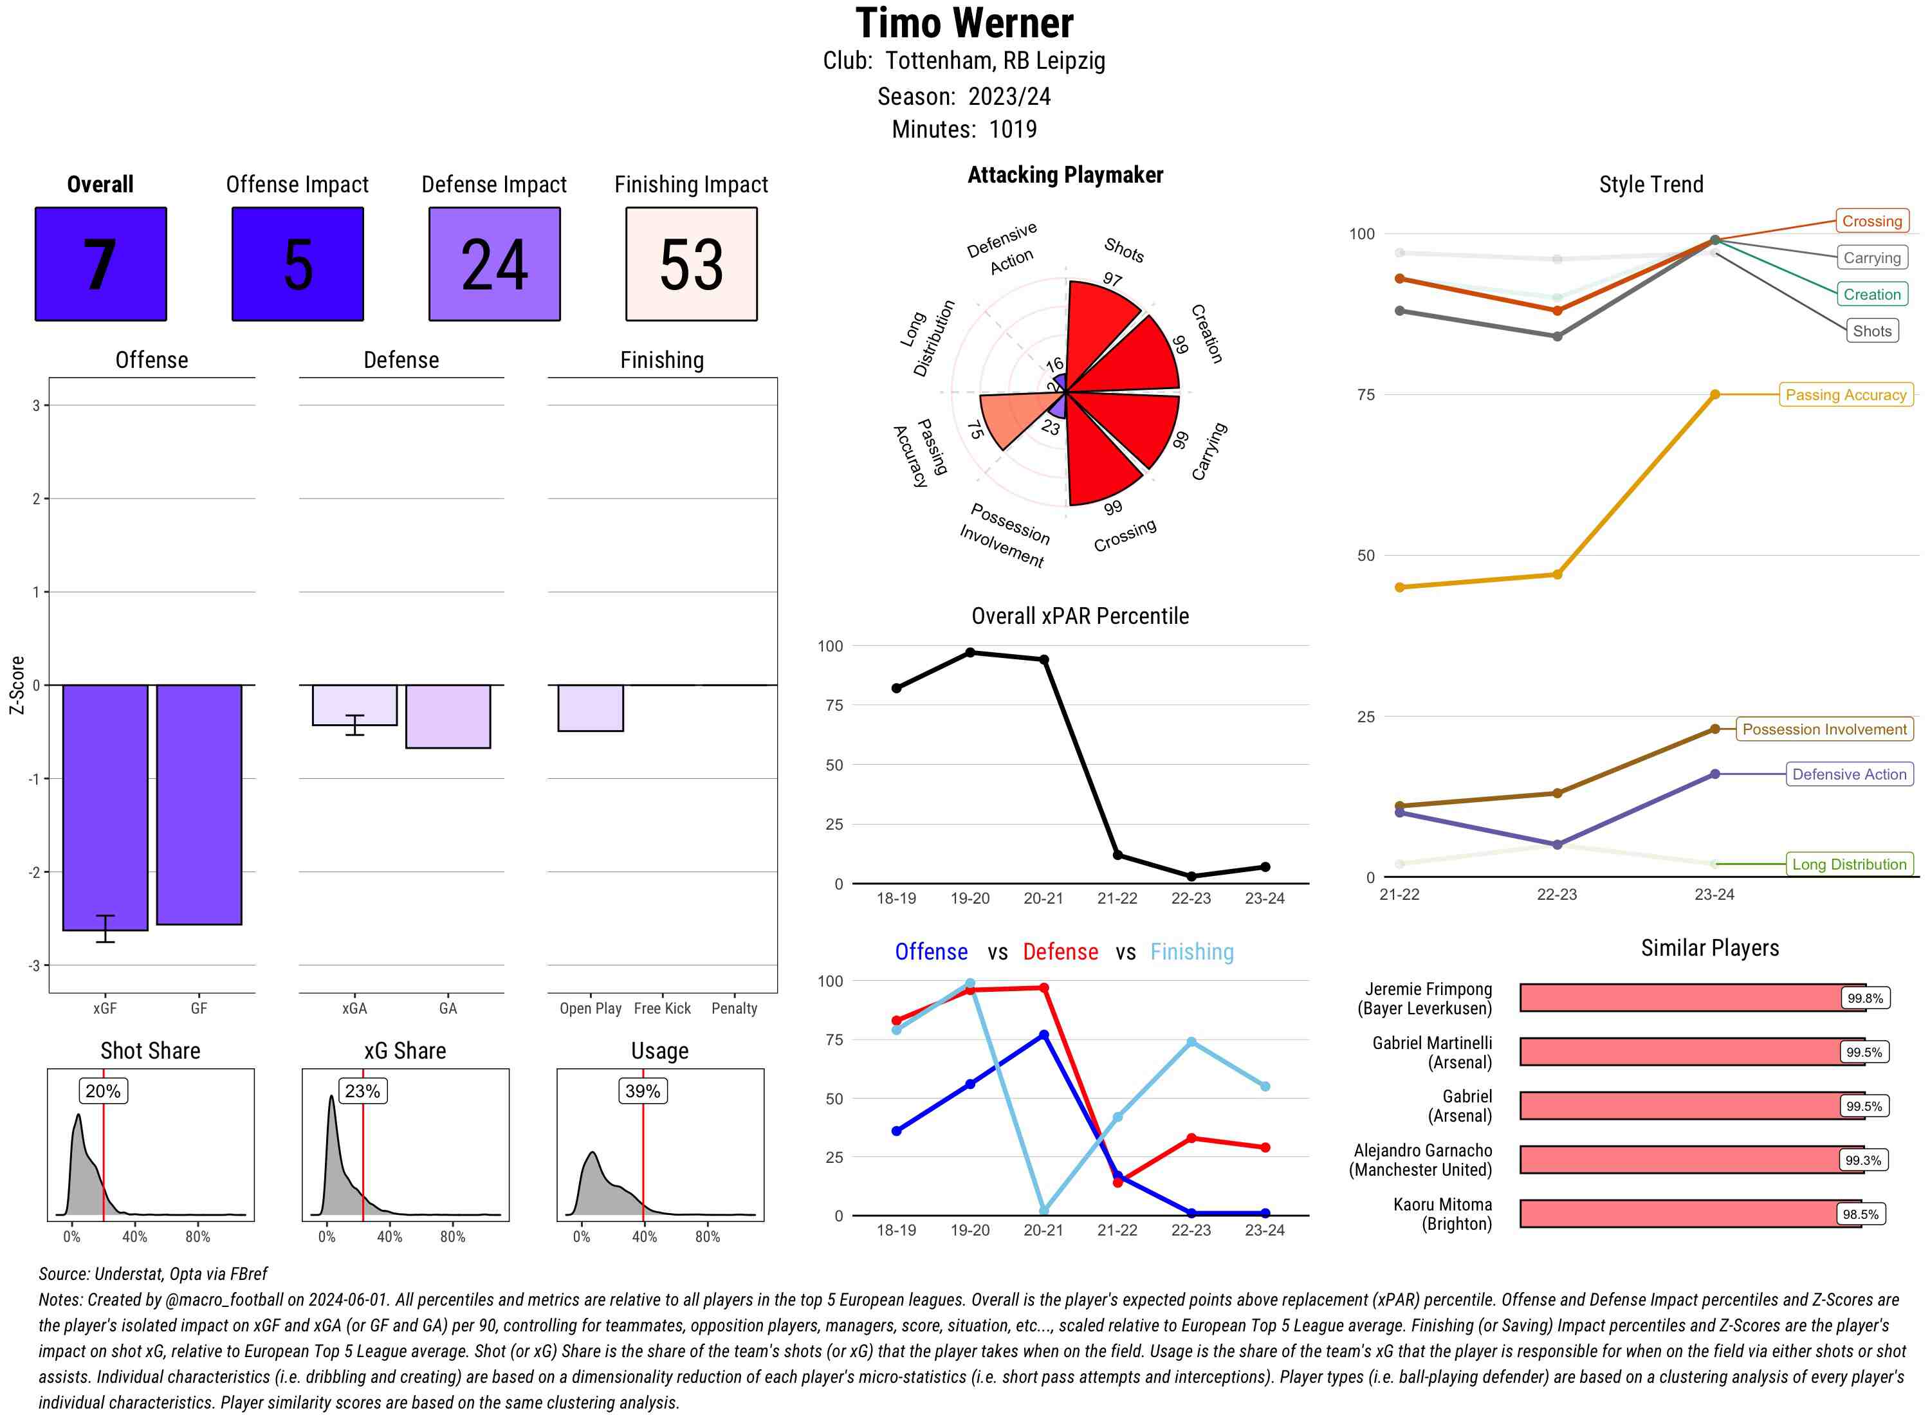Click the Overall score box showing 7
pyautogui.click(x=100, y=264)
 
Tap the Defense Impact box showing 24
pyautogui.click(x=494, y=264)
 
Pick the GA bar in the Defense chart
pyautogui.click(x=447, y=716)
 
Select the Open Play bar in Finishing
pyautogui.click(x=590, y=707)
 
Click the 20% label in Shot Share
pyautogui.click(x=103, y=1090)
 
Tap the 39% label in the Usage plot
pyautogui.click(x=643, y=1090)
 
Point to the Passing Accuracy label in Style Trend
pyautogui.click(x=1845, y=395)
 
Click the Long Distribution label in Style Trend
pyautogui.click(x=1849, y=864)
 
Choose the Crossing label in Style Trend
pyautogui.click(x=1871, y=221)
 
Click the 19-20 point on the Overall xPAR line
pyautogui.click(x=970, y=653)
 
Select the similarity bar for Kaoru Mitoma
pyautogui.click(x=1689, y=1214)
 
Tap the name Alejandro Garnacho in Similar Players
pyautogui.click(x=1422, y=1150)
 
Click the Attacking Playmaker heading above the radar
pyautogui.click(x=1065, y=175)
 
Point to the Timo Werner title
pyautogui.click(x=964, y=23)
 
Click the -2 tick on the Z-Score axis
pyautogui.click(x=36, y=872)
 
